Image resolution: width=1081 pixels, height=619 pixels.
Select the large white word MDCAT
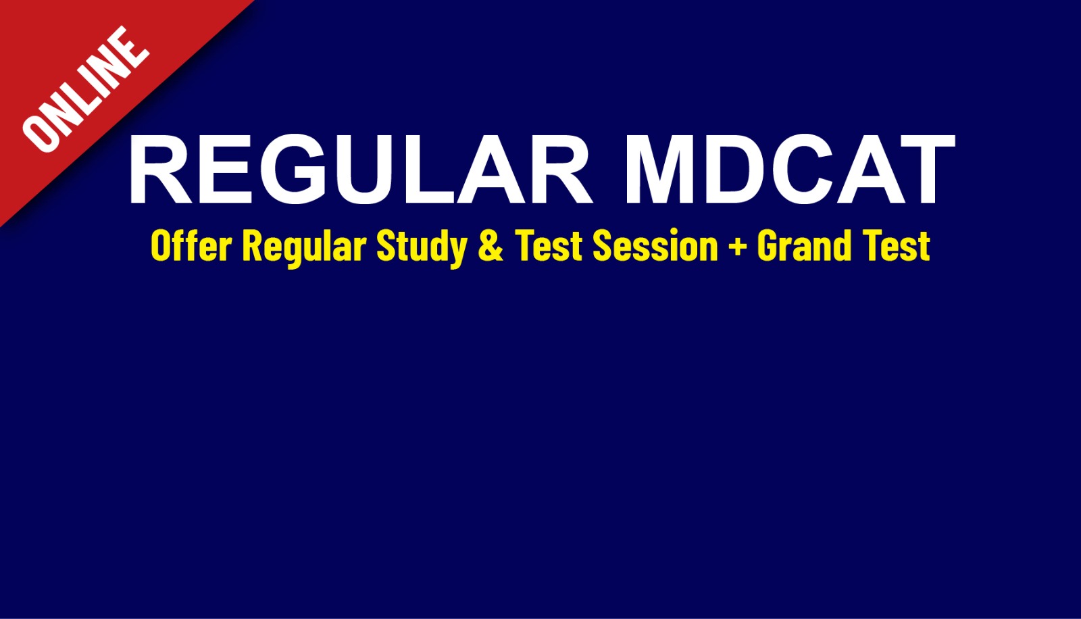(789, 170)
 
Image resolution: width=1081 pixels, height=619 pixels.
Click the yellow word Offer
(191, 245)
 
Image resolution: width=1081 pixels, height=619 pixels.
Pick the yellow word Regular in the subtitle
(304, 247)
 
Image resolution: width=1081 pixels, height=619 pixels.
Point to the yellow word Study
(422, 247)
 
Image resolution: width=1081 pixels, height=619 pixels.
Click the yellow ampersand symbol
(491, 245)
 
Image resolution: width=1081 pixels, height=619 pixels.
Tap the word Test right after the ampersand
(549, 245)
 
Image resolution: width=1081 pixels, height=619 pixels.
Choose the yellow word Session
(655, 245)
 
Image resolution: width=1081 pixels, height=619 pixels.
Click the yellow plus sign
(737, 247)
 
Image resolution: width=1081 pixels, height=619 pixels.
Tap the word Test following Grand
(898, 245)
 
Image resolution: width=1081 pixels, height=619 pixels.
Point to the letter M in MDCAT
(665, 170)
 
